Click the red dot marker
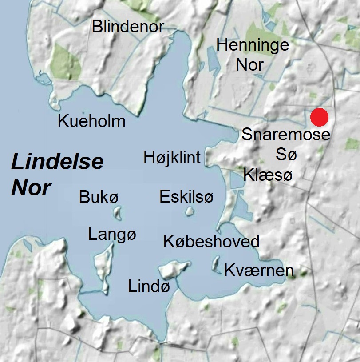(319, 117)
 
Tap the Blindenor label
(128, 27)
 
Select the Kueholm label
(92, 121)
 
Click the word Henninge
(253, 44)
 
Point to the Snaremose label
(286, 135)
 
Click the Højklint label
(172, 157)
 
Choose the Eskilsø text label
(186, 196)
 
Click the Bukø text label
(99, 197)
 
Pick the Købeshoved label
(211, 242)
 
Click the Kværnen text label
(259, 270)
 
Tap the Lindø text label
(149, 286)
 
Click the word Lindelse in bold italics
(57, 162)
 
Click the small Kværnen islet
(217, 264)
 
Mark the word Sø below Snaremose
(286, 155)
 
